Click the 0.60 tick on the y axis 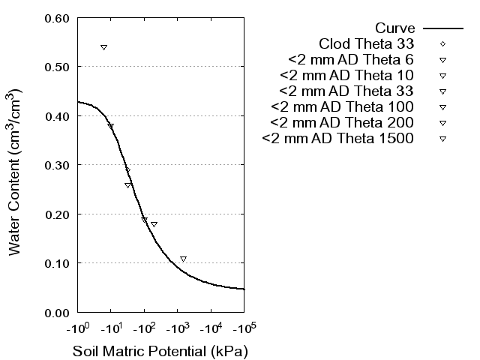click(58, 18)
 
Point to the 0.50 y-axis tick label click(58, 67)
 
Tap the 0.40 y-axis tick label click(58, 116)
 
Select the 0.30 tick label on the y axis click(58, 165)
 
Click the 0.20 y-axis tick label click(58, 214)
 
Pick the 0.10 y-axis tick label click(58, 263)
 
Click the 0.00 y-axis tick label click(58, 312)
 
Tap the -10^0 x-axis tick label click(77, 328)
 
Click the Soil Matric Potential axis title click(160, 351)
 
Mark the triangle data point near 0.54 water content click(103, 47)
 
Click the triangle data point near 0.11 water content click(183, 259)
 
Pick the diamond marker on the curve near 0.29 click(127, 170)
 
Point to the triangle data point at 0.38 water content click(111, 126)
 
